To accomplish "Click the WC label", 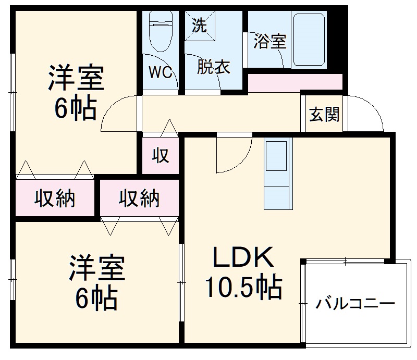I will click(161, 72).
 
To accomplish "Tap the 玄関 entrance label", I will click(324, 114).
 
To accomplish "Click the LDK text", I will click(243, 259).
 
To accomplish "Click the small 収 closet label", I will click(161, 155).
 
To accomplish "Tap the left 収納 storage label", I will click(55, 198).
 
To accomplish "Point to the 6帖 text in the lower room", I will click(96, 297).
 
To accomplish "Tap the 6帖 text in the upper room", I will click(76, 108).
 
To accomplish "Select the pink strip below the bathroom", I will click(295, 82).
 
